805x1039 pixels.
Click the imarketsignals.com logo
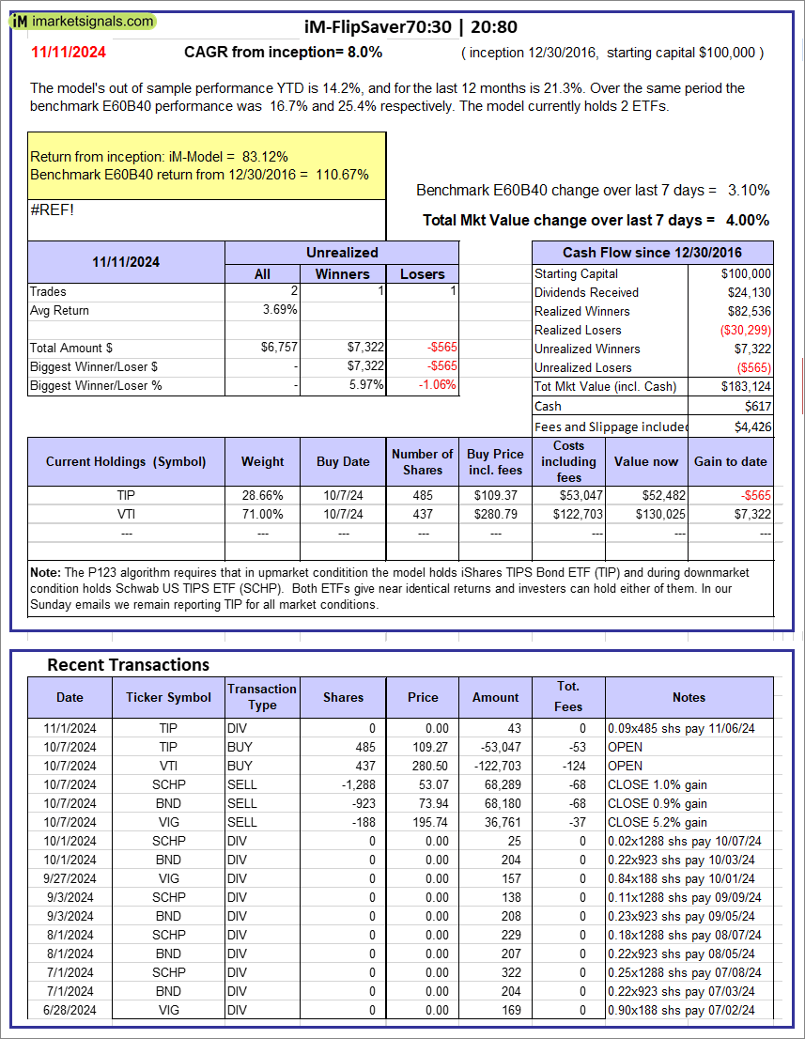[x=85, y=22]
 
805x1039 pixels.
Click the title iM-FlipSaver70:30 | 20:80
[x=411, y=26]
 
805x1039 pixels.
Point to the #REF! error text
[x=52, y=209]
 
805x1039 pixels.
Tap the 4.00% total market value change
[x=747, y=220]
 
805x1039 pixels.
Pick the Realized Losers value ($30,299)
[x=742, y=330]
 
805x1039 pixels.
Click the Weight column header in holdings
[x=262, y=461]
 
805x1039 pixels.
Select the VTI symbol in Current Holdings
[x=126, y=514]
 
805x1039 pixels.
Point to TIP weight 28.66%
[x=263, y=495]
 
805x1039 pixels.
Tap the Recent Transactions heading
[x=128, y=665]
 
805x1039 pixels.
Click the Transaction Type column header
[x=262, y=697]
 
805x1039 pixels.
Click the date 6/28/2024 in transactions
[x=70, y=1010]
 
